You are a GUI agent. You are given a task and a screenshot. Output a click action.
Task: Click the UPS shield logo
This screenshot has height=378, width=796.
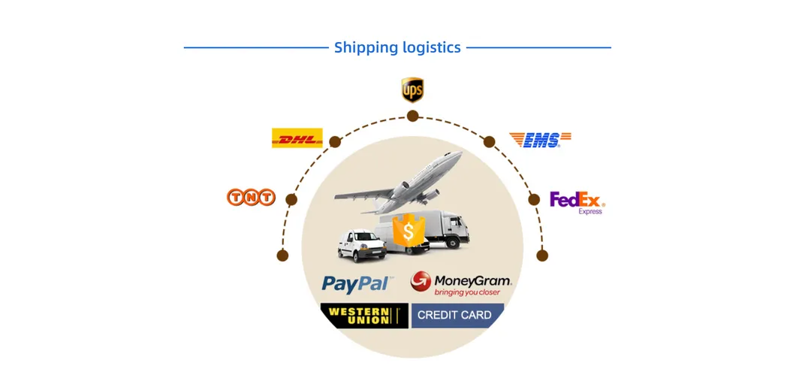pyautogui.click(x=412, y=90)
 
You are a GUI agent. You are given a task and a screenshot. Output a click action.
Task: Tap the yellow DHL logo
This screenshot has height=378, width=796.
pyautogui.click(x=297, y=138)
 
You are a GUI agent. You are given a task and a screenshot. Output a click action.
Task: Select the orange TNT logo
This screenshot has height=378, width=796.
pyautogui.click(x=251, y=197)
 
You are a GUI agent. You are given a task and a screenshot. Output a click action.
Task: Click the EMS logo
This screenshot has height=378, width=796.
pyautogui.click(x=540, y=140)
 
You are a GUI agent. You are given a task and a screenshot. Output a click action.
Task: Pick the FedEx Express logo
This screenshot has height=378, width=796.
pyautogui.click(x=577, y=202)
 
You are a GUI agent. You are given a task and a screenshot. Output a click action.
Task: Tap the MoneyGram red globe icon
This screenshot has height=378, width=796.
pyautogui.click(x=421, y=282)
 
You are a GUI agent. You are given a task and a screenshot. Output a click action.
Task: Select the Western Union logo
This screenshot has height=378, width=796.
pyautogui.click(x=364, y=316)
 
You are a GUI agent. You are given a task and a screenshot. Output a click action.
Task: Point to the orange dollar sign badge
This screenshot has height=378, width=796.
pyautogui.click(x=409, y=231)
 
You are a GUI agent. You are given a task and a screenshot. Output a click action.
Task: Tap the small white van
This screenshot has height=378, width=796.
pyautogui.click(x=361, y=246)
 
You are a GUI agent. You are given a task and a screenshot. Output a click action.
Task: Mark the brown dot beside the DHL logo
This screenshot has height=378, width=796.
pyautogui.click(x=335, y=142)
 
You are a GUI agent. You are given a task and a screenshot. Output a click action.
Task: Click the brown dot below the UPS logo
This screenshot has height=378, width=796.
pyautogui.click(x=412, y=116)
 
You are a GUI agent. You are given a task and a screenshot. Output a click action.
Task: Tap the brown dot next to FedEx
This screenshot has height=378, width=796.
pyautogui.click(x=533, y=200)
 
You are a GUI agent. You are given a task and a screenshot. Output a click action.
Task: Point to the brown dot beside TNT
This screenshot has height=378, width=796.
pyautogui.click(x=291, y=200)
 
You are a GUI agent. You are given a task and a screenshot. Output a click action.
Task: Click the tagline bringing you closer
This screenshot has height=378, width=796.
pyautogui.click(x=467, y=292)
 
